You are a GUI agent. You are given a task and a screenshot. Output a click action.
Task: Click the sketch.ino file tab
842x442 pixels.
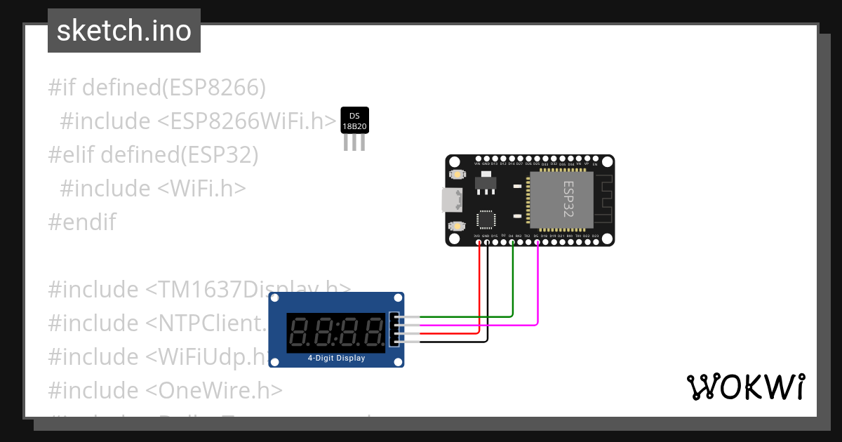[x=124, y=31]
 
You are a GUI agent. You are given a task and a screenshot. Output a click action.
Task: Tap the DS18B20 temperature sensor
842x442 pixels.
[x=354, y=121]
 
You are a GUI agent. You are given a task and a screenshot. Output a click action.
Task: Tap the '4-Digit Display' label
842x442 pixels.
[x=337, y=358]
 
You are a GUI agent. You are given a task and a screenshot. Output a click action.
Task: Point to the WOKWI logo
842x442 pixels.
[x=745, y=387]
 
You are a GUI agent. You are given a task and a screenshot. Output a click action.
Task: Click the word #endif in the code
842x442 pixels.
[x=82, y=222]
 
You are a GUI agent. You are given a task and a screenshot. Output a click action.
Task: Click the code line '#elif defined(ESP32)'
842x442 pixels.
[x=153, y=155]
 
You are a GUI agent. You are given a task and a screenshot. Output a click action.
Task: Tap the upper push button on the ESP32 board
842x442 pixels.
[x=457, y=174]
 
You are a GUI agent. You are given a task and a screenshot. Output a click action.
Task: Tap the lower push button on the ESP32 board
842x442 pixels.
[x=457, y=226]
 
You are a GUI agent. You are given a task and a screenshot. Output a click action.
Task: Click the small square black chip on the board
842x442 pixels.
[x=486, y=219]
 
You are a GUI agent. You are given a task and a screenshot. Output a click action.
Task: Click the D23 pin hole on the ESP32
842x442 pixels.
[x=596, y=241]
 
